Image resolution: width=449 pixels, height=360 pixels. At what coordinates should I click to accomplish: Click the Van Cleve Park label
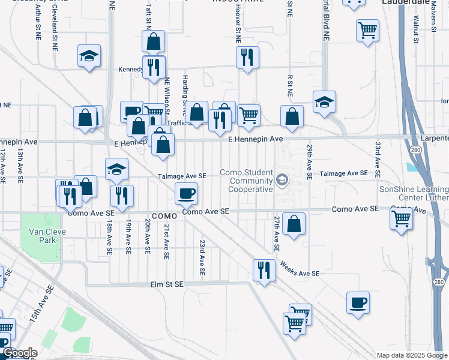pos(41,234)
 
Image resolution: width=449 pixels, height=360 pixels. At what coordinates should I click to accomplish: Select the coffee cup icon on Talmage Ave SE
pos(186,193)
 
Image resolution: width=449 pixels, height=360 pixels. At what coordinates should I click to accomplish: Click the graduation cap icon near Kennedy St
pos(89,56)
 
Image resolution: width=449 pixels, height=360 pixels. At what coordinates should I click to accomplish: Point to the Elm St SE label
pos(166,283)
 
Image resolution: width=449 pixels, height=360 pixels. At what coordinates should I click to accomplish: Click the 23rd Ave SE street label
pos(203,258)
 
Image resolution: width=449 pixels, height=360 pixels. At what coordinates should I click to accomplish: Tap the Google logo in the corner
pos(20,353)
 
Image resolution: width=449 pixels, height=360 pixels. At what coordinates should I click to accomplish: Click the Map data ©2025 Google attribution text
pos(411,355)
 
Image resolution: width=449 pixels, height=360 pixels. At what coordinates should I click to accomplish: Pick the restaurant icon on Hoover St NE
pos(247,58)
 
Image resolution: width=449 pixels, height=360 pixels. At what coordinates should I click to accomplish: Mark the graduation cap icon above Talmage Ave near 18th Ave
pos(116,169)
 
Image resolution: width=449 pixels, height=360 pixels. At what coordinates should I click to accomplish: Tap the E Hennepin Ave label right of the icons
pos(255,139)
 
